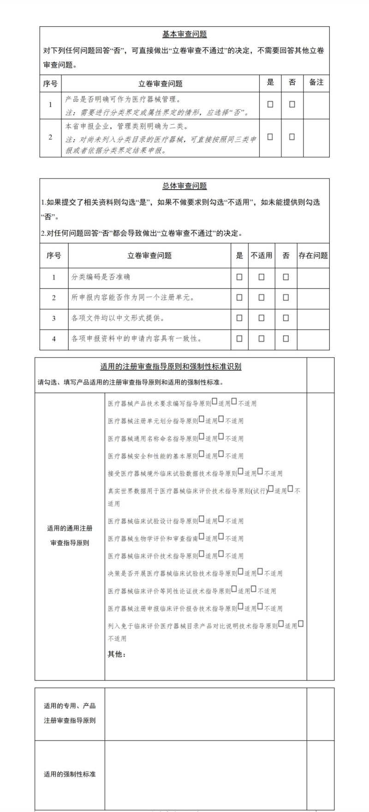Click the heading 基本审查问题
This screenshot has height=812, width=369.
click(x=184, y=34)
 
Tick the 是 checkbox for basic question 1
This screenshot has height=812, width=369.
click(x=270, y=104)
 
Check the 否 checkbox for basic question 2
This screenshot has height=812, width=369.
click(x=292, y=137)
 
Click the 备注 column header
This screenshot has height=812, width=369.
click(x=316, y=83)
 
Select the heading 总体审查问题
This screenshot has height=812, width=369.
click(x=184, y=186)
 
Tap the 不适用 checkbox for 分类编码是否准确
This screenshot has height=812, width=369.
click(x=262, y=277)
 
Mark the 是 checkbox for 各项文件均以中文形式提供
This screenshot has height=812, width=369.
click(x=239, y=318)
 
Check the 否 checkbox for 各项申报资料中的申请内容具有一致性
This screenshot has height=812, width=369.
click(x=286, y=339)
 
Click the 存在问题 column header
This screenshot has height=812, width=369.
click(x=313, y=255)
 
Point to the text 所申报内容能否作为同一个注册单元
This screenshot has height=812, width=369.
click(x=133, y=298)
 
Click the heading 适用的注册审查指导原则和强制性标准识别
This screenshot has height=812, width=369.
click(x=171, y=367)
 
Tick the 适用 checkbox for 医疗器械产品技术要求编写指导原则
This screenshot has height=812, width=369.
click(x=214, y=402)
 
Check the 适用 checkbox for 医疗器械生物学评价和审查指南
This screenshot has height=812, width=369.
click(x=201, y=537)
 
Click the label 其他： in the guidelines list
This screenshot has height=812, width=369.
click(x=117, y=654)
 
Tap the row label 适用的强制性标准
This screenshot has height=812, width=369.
click(x=70, y=774)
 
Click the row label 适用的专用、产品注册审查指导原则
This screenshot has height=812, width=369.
click(x=70, y=713)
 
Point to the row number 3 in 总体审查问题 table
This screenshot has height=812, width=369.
click(x=54, y=318)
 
